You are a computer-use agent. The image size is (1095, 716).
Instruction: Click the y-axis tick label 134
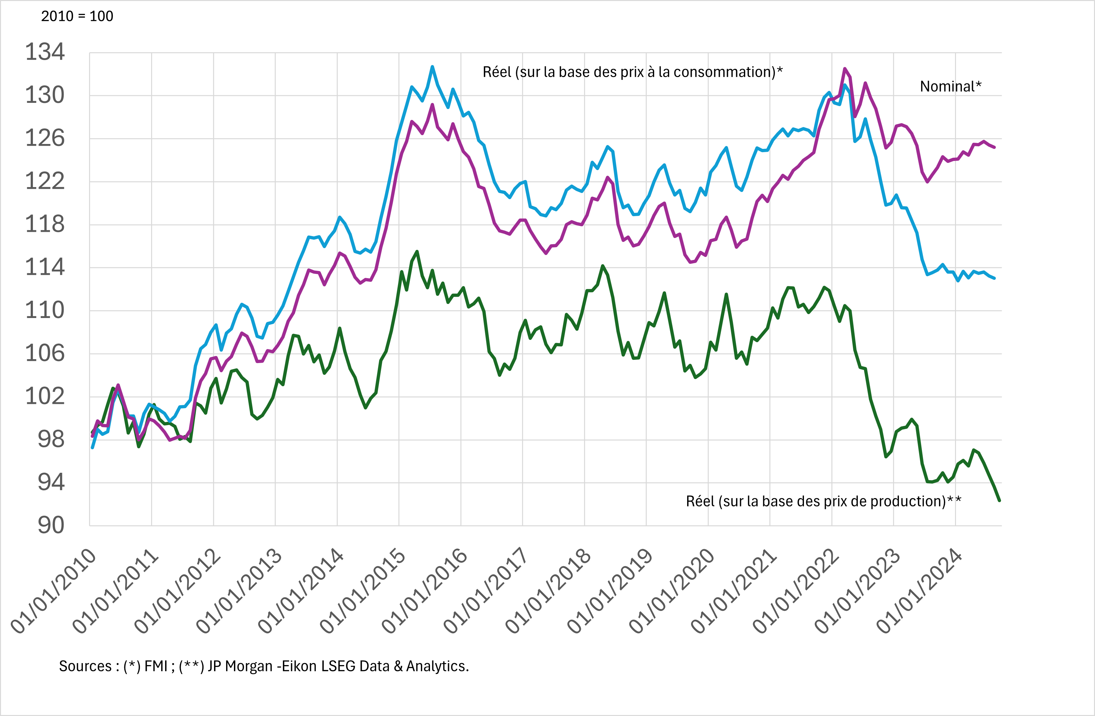pos(45,52)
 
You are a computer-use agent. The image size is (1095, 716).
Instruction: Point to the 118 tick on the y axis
pos(45,225)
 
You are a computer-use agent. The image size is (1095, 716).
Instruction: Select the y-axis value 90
pos(51,525)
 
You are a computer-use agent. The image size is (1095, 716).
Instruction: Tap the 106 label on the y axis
pos(45,354)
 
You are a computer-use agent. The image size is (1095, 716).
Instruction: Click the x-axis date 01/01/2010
pos(54,591)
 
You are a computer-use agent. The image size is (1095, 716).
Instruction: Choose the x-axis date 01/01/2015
pos(363,591)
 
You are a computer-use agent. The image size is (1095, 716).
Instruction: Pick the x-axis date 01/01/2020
pos(673,591)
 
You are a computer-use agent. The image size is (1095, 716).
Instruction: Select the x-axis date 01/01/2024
pos(920,591)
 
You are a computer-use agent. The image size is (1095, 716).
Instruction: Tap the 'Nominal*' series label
pos(950,87)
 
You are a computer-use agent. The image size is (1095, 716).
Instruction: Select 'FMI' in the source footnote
pos(156,666)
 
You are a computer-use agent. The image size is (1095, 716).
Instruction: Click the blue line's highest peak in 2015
pos(432,67)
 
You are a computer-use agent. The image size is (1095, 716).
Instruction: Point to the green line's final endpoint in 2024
pos(999,501)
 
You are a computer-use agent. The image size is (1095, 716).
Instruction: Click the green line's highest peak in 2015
pos(417,251)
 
